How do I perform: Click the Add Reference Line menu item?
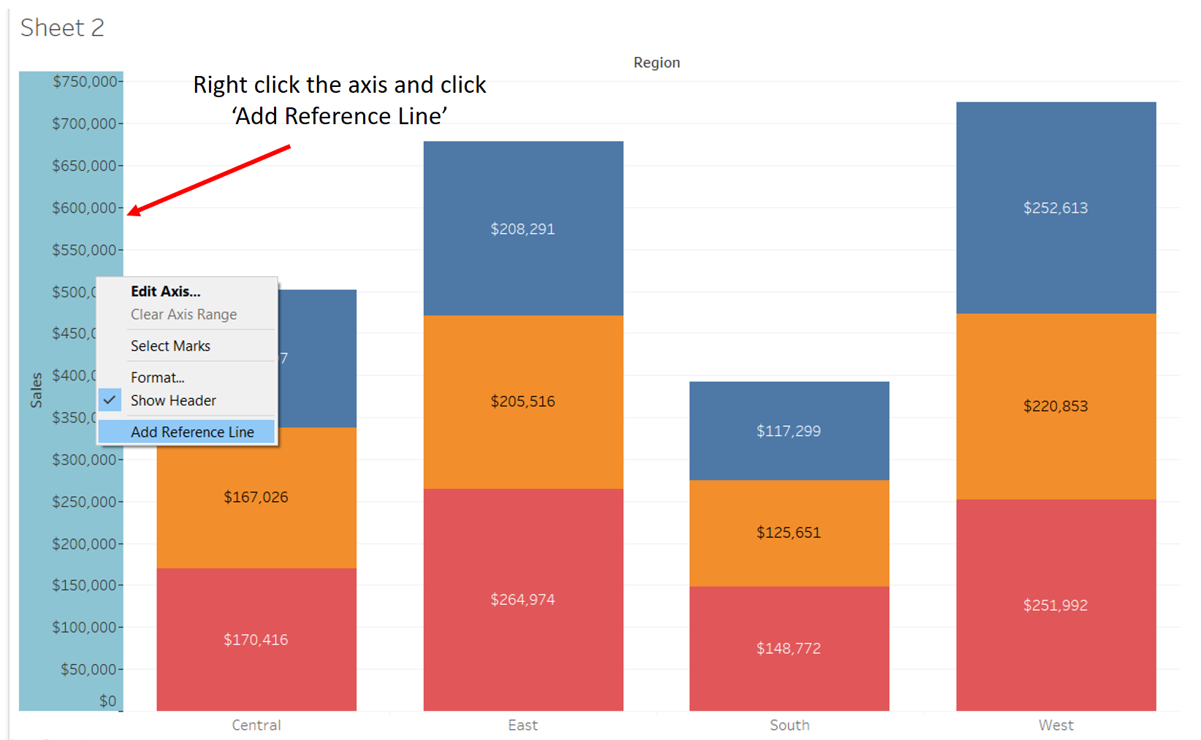pos(192,432)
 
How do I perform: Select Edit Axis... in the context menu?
pos(165,291)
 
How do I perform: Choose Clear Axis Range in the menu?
pos(183,314)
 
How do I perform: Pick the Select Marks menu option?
pos(170,346)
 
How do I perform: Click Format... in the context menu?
pos(157,377)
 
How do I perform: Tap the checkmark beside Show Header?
pos(110,400)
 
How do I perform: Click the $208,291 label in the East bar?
pos(522,229)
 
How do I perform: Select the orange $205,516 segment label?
pos(522,401)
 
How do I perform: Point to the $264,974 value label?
pos(522,600)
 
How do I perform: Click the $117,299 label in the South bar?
pos(788,431)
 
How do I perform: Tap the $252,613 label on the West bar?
pos(1055,208)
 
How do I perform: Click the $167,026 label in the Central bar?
pos(256,497)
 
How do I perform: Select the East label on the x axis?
pos(522,725)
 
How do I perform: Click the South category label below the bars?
pos(789,725)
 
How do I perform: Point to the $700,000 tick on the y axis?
pos(84,123)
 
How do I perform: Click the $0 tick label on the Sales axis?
pos(107,701)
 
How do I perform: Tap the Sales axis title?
pos(36,389)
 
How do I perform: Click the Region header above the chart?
pos(656,63)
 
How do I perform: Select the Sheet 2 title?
pos(62,28)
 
